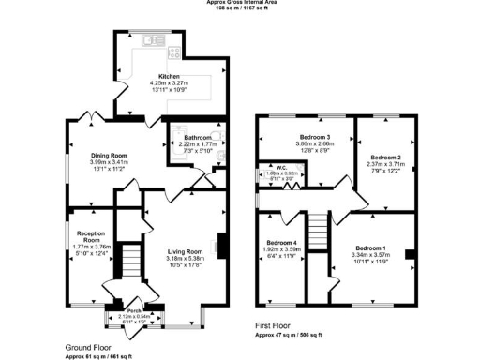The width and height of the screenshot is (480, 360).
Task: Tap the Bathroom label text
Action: [x=198, y=137]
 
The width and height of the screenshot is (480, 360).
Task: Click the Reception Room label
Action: [x=90, y=235]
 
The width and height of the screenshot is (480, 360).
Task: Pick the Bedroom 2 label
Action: [x=385, y=157]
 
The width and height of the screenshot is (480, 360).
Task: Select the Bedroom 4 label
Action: [x=281, y=243]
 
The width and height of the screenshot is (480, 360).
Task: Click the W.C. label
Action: [x=280, y=167]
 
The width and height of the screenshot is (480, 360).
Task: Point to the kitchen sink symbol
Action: [x=152, y=40]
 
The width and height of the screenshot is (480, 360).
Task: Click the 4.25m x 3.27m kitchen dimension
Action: [x=169, y=84]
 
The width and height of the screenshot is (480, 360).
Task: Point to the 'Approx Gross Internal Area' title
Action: [x=240, y=3]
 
